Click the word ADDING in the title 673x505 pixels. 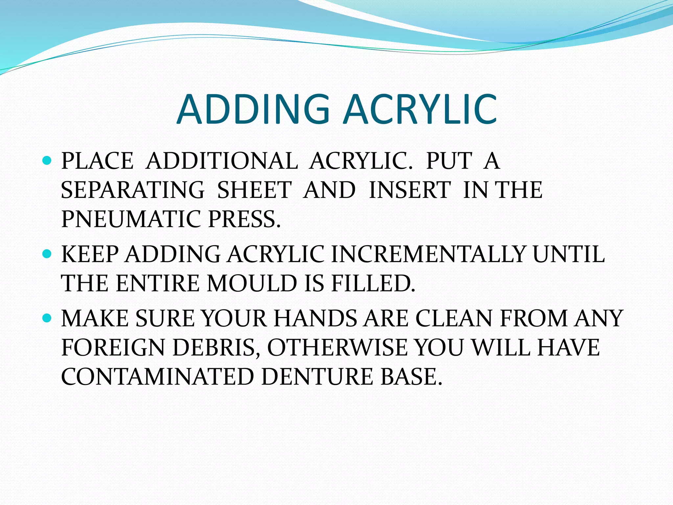click(x=253, y=109)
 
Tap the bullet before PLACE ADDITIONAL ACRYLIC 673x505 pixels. click(x=47, y=160)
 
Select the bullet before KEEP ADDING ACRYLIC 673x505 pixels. click(x=47, y=254)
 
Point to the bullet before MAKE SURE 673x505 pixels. click(x=47, y=318)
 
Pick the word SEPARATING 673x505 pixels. click(x=133, y=190)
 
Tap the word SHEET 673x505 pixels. click(x=254, y=190)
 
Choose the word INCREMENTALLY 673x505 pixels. click(x=427, y=254)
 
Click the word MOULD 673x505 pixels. click(x=252, y=283)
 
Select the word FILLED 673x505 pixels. click(x=373, y=283)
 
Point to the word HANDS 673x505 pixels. click(x=315, y=318)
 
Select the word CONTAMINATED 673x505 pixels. click(x=157, y=376)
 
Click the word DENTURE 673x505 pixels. click(x=317, y=376)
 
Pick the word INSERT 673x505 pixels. click(x=409, y=190)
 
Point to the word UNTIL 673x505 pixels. click(x=568, y=254)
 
